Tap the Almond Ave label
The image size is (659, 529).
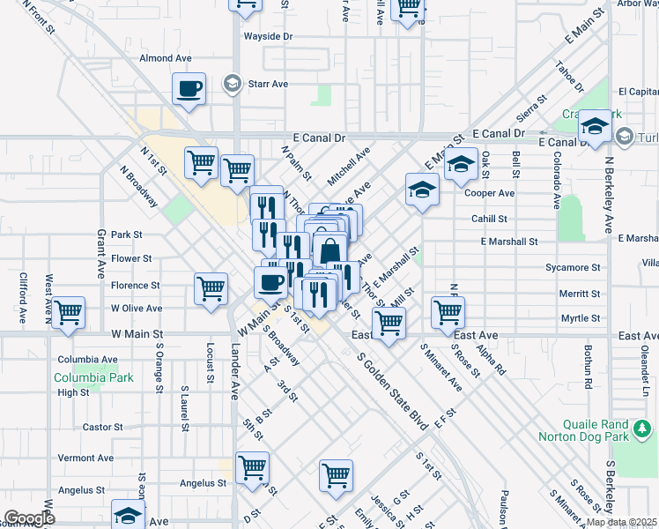pos(166,58)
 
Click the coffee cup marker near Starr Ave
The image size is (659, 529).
pos(189,89)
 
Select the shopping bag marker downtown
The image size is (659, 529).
pos(329,251)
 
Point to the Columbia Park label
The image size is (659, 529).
pos(93,378)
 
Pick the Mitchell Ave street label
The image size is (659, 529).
pos(349,167)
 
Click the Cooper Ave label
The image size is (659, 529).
pos(489,193)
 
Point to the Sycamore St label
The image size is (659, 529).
pos(573,267)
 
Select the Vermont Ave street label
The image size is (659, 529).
pos(85,458)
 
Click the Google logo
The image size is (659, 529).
pos(29,518)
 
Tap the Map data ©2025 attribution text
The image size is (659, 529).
pos(621,522)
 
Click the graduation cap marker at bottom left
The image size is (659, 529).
pos(129,515)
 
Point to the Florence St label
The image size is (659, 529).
pos(135,286)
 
